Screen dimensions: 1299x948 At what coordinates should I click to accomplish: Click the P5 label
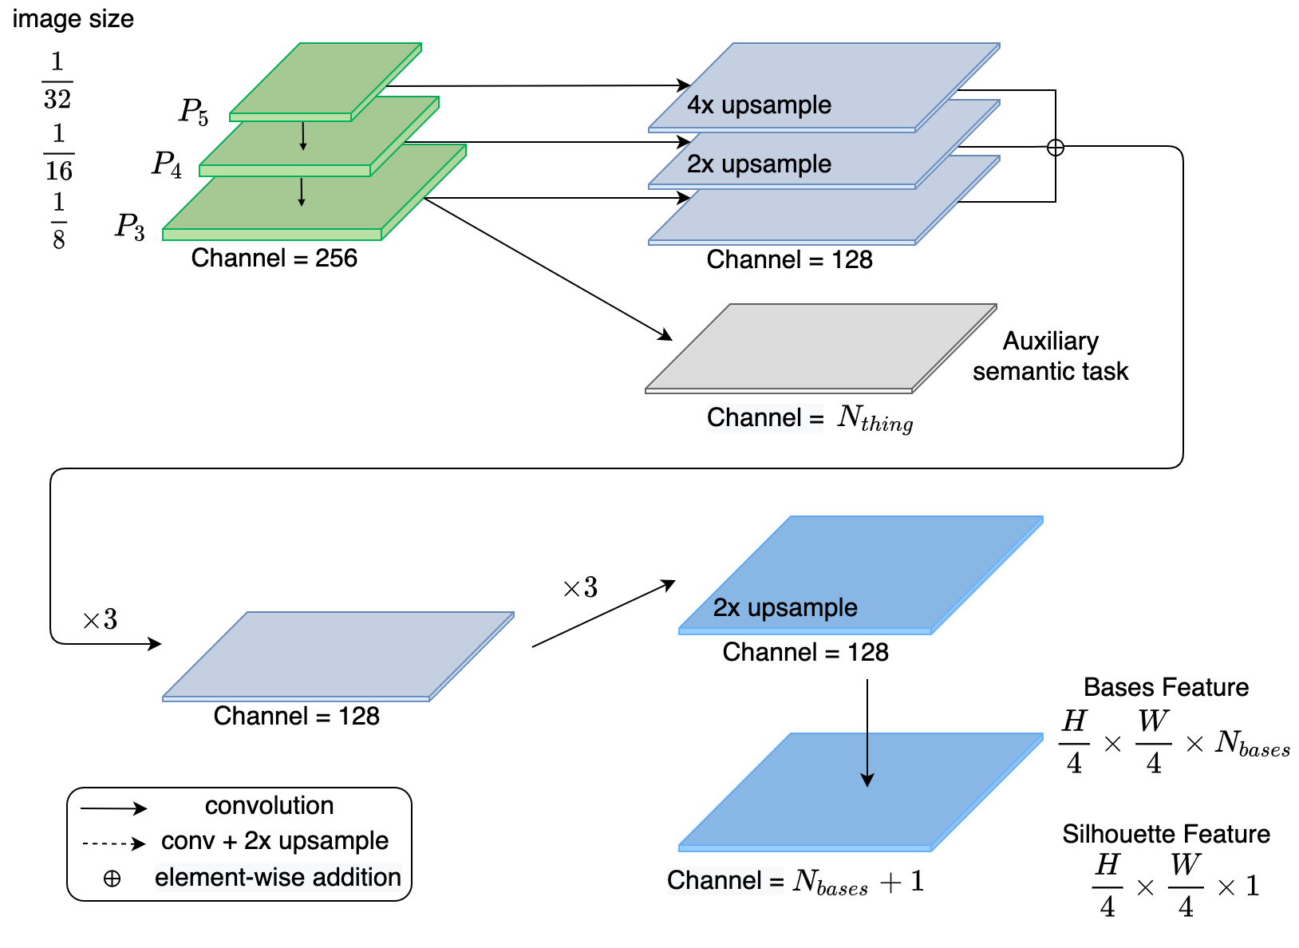point(193,112)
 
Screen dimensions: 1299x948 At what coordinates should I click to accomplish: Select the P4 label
point(167,164)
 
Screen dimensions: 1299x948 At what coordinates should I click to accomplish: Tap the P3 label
point(130,226)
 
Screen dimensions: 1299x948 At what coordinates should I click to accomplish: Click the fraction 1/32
point(57,81)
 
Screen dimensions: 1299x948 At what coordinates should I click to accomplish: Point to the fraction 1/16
point(58,152)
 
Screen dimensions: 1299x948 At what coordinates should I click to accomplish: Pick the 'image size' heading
point(73,19)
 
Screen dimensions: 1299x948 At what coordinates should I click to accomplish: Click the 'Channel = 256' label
point(274,258)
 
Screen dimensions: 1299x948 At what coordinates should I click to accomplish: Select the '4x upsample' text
point(759,105)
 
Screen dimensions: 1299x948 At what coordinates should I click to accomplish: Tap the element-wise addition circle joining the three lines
point(1056,148)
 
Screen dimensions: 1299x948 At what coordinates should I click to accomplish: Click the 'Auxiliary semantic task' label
point(1051,356)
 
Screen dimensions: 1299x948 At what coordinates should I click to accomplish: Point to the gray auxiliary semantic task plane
point(821,349)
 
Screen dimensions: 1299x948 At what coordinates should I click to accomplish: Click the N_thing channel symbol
point(875,418)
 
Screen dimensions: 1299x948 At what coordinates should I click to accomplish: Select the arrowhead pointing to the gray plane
point(665,335)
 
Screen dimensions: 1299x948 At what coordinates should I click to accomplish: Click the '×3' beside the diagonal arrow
point(581,587)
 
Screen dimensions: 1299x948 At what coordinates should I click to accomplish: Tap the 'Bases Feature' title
point(1167,687)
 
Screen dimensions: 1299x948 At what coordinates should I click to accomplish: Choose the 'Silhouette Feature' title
point(1167,834)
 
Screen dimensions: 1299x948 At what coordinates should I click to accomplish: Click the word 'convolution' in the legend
point(269,805)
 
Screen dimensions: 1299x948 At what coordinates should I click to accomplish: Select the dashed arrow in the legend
point(113,843)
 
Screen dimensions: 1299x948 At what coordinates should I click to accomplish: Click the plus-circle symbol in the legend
point(112,879)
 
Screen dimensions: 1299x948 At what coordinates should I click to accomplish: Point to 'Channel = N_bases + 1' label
point(796,881)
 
